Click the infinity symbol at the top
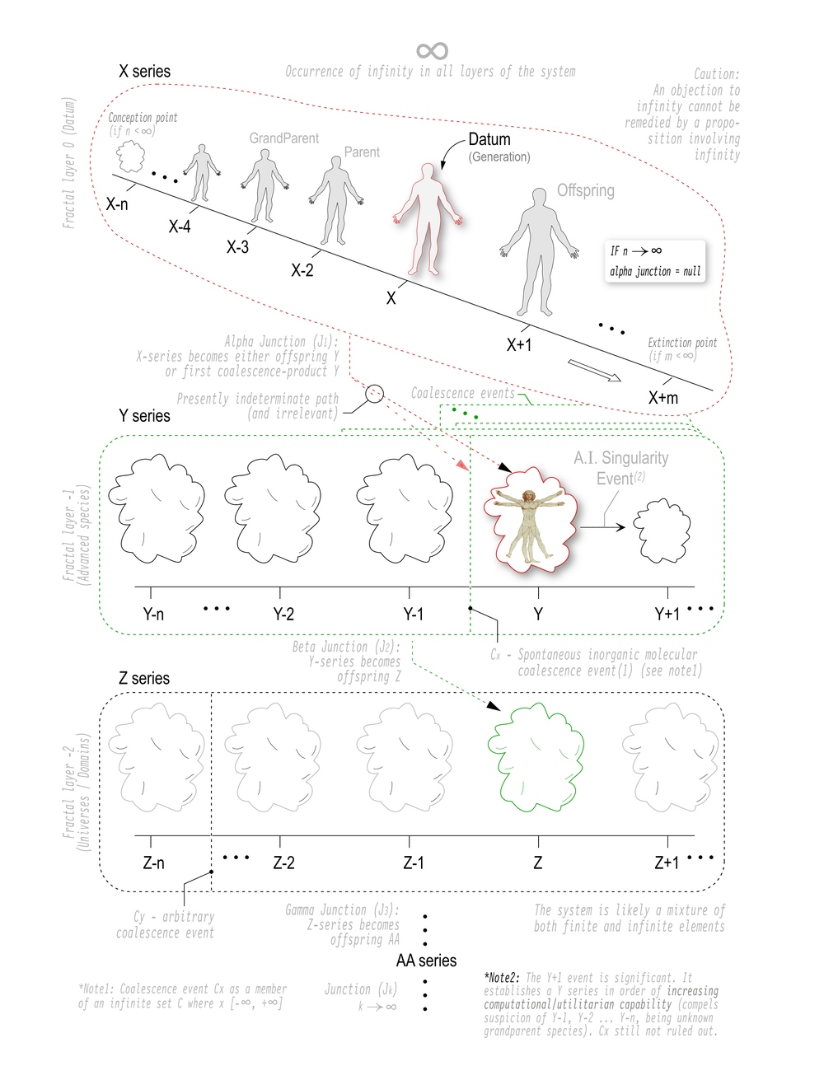(x=432, y=51)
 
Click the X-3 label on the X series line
(x=237, y=246)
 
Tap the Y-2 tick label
(x=283, y=614)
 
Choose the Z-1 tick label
(x=414, y=863)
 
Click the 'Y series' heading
(x=144, y=416)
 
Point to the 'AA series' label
(x=426, y=961)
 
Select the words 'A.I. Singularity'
(x=621, y=459)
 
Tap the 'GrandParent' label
(x=283, y=138)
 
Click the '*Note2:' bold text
(x=504, y=977)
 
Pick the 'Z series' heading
(x=144, y=679)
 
